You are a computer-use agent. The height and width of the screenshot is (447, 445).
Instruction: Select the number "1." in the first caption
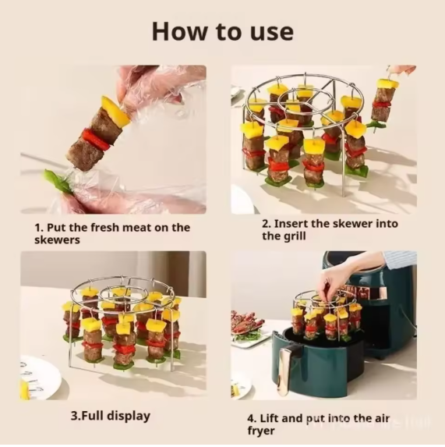click(39, 228)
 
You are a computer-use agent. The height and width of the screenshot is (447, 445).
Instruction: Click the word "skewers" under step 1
click(57, 240)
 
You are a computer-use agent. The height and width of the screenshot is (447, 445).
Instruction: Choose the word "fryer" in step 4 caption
click(261, 431)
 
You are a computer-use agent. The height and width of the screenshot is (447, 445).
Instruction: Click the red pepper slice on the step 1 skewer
click(96, 139)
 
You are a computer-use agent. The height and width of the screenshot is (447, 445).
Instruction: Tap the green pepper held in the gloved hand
click(58, 181)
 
